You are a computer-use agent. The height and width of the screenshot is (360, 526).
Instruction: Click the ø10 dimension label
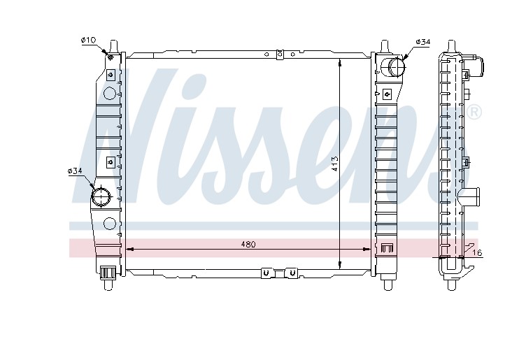coord(88,41)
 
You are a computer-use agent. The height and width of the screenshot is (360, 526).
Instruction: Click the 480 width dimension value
coord(248,245)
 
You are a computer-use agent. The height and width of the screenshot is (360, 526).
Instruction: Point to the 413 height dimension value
coord(335,164)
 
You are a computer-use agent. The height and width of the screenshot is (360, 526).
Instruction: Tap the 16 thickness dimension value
coord(478,253)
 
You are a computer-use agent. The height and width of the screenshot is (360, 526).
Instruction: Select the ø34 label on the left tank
coord(75,171)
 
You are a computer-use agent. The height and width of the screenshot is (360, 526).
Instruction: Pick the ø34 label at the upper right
coord(422,42)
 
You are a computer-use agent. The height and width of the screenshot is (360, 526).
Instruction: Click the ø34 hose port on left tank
coord(101,196)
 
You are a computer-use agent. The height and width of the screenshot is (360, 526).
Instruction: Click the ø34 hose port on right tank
coord(397,66)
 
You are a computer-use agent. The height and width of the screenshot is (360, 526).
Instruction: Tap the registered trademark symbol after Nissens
coord(474,113)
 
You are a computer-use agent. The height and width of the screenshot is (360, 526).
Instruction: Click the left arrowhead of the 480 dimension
coord(129,250)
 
